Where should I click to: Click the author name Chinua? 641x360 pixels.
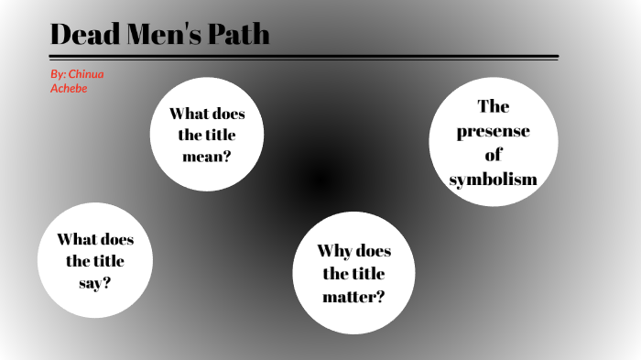[x=92, y=72]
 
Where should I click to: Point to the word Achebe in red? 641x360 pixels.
[x=69, y=88]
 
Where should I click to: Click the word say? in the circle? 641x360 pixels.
[x=94, y=283]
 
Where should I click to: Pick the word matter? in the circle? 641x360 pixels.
[x=353, y=296]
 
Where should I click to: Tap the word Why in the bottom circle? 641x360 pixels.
[x=334, y=251]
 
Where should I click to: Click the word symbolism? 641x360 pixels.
[x=493, y=179]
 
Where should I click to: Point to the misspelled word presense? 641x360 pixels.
[x=493, y=131]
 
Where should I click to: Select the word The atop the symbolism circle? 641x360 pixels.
[x=493, y=107]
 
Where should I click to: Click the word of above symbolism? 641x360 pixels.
[x=493, y=155]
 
